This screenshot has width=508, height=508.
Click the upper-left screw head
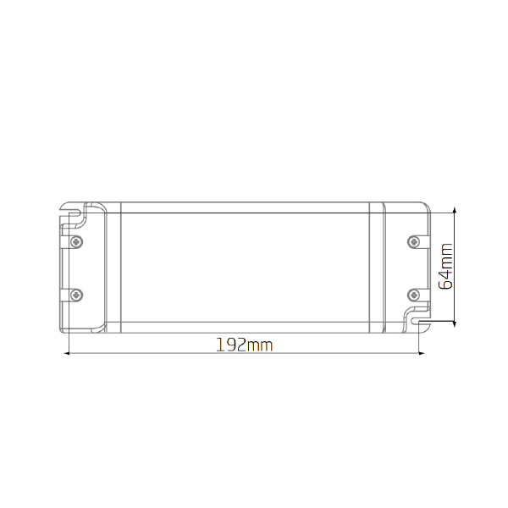76,241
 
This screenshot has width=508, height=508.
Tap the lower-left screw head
76,295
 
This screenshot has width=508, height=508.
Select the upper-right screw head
413,241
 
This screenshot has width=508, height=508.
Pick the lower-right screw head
413,295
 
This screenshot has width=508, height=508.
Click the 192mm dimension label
245,345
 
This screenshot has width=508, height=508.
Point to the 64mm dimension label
444,266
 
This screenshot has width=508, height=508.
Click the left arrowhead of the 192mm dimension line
67,353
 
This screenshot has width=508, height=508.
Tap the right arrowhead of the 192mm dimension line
422,353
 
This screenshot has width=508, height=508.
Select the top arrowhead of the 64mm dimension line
455,210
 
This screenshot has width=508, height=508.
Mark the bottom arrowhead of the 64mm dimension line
455,323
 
